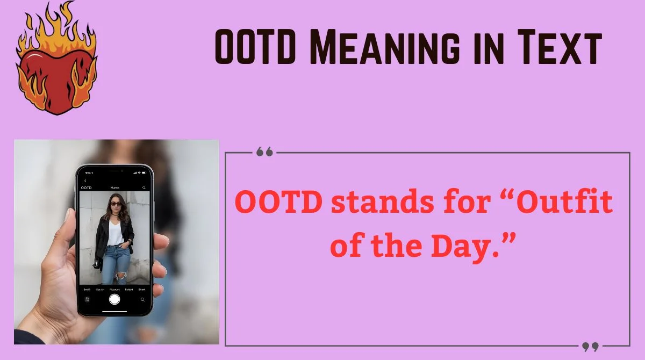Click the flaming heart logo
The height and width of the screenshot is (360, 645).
click(x=56, y=64)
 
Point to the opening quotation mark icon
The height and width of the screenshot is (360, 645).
click(x=264, y=152)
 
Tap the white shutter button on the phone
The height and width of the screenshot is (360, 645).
click(x=114, y=299)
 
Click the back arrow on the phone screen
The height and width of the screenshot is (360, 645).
click(x=85, y=181)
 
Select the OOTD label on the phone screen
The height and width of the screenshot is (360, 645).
click(x=86, y=188)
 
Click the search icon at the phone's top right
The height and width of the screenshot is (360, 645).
click(x=144, y=188)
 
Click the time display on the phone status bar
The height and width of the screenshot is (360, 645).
click(x=89, y=173)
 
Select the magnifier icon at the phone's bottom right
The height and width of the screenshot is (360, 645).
click(x=142, y=299)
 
